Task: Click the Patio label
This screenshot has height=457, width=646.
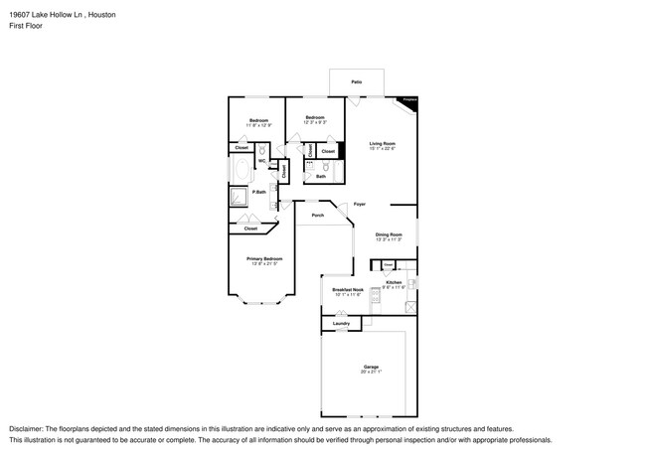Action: (x=356, y=81)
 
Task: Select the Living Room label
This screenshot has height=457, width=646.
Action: (x=383, y=143)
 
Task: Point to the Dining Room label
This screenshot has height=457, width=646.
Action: (x=389, y=234)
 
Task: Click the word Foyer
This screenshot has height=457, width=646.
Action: (x=359, y=204)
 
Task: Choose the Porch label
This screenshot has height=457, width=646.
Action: (x=318, y=215)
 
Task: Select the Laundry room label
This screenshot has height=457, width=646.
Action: (x=341, y=323)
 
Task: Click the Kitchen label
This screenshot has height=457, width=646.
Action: (x=394, y=283)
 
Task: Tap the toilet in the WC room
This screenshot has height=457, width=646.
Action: (x=263, y=165)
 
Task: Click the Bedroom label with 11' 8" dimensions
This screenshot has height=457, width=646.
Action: (x=258, y=120)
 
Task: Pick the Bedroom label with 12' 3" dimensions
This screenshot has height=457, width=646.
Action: (x=314, y=118)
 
